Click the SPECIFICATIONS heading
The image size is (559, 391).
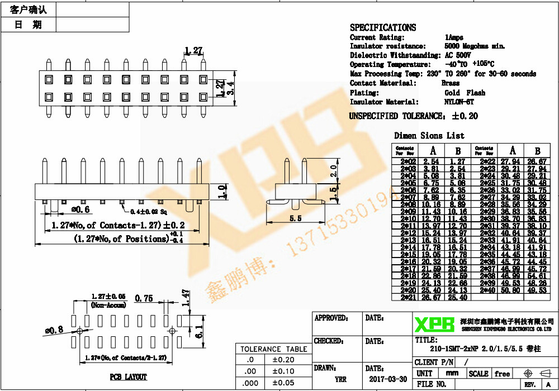tap(383, 27)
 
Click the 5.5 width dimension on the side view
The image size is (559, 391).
tap(296, 218)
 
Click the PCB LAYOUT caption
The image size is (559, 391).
tap(128, 377)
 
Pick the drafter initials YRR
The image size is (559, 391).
tap(340, 379)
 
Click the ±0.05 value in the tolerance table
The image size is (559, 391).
tap(283, 383)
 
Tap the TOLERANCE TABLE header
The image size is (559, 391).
tap(274, 349)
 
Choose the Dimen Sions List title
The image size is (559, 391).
tap(429, 136)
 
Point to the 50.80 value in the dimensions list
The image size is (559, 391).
tap(511, 290)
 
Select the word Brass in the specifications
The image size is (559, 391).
tap(451, 83)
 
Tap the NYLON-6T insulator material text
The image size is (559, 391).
tap(459, 102)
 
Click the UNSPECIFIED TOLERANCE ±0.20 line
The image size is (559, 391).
tap(414, 116)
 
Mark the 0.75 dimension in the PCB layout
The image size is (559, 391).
tap(144, 298)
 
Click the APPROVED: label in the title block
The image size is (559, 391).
tap(331, 318)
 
